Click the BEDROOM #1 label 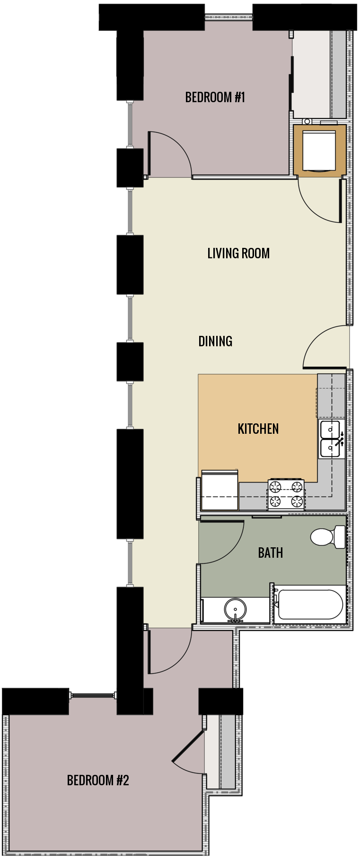click(x=215, y=97)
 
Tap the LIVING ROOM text click(x=238, y=254)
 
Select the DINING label click(x=215, y=341)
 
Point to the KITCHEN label click(x=258, y=429)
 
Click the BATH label click(x=270, y=553)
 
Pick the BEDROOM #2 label click(x=98, y=780)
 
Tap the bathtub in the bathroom click(x=310, y=604)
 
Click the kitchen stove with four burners click(x=286, y=494)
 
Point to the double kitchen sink click(x=331, y=439)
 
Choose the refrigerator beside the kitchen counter click(x=220, y=491)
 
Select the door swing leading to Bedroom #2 click(x=168, y=650)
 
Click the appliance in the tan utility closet click(x=319, y=150)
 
